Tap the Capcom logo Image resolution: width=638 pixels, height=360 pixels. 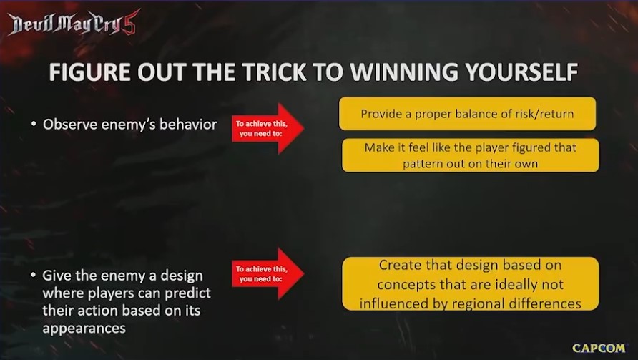click(x=599, y=348)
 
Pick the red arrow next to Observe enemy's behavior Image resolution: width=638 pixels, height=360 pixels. click(x=268, y=128)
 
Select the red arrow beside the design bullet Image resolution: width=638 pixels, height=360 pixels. click(x=268, y=273)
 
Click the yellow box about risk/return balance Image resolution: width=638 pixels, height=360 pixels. click(x=467, y=114)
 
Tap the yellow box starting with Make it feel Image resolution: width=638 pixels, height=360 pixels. click(x=471, y=155)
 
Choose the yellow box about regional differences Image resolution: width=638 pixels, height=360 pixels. click(x=471, y=284)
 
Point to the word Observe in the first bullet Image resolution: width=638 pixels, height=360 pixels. click(x=69, y=125)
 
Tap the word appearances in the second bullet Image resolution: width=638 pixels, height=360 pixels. click(x=84, y=329)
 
